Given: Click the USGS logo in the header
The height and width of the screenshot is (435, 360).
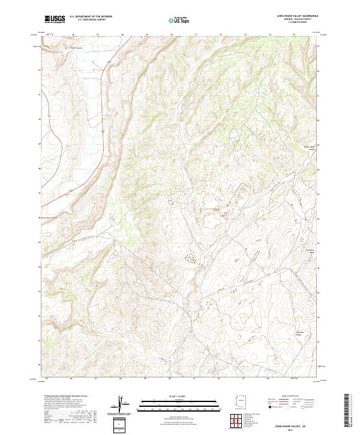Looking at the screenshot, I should pos(55,19).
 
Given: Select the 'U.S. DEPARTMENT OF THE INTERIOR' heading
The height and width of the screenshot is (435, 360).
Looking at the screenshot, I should pos(91,17).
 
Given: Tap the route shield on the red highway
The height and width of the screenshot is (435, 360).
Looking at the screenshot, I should pos(103,128).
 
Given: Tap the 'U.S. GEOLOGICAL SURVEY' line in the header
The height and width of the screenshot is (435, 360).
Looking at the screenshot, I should pos(91,20).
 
